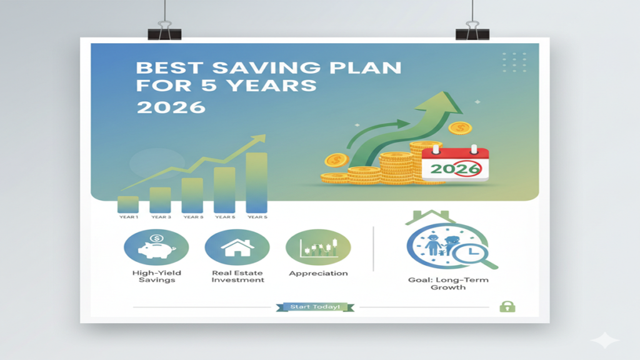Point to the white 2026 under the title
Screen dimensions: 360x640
pyautogui.click(x=171, y=106)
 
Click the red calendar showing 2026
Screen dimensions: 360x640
pyautogui.click(x=454, y=164)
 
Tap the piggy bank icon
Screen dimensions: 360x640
pyautogui.click(x=156, y=247)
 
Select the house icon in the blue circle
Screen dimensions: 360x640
pyautogui.click(x=237, y=247)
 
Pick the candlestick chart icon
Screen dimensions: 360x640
pyautogui.click(x=318, y=247)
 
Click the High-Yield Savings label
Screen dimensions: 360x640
pyautogui.click(x=157, y=276)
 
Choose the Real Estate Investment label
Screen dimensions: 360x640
pyautogui.click(x=237, y=276)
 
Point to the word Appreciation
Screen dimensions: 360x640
pyautogui.click(x=318, y=273)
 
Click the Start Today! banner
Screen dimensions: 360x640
pyautogui.click(x=314, y=307)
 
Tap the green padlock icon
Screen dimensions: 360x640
pyautogui.click(x=506, y=306)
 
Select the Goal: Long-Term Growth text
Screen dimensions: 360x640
pyautogui.click(x=448, y=284)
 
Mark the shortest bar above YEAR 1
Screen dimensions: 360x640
pyautogui.click(x=127, y=204)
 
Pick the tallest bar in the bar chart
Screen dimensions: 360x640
pyautogui.click(x=256, y=182)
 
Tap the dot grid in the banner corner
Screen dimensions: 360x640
pyautogui.click(x=514, y=61)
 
